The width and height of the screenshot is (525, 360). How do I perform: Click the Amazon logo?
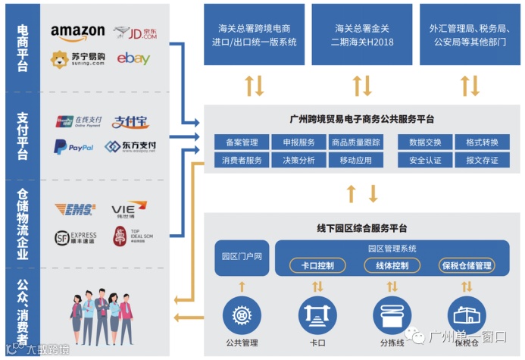click(77, 32)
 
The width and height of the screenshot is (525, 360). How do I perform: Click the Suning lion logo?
click(61, 58)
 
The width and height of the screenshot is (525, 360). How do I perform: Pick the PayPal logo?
click(73, 146)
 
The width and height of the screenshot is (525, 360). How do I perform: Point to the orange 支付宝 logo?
click(130, 121)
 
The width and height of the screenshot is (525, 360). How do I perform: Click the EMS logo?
click(75, 209)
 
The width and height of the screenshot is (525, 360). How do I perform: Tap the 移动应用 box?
click(355, 160)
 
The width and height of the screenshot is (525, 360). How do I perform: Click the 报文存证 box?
click(482, 160)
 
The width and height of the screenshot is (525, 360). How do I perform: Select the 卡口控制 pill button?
click(317, 265)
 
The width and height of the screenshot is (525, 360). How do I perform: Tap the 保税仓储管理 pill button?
click(466, 265)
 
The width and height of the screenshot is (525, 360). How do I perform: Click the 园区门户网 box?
click(242, 257)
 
